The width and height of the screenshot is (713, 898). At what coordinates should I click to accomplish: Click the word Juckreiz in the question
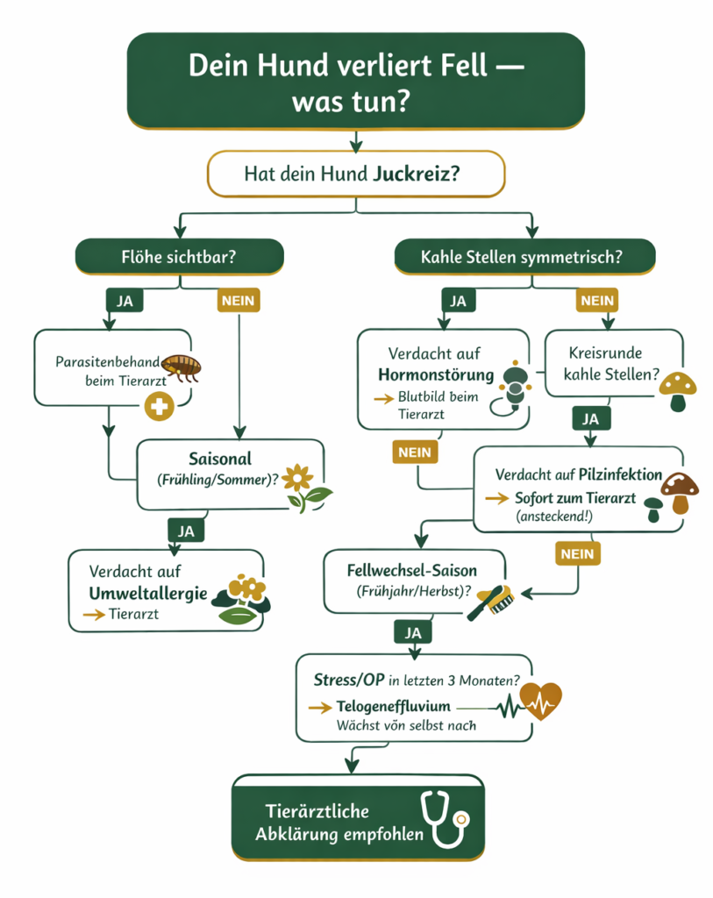[412, 175]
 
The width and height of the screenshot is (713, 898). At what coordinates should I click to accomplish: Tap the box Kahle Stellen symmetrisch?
[525, 258]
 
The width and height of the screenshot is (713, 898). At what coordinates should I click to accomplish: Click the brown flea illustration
[182, 365]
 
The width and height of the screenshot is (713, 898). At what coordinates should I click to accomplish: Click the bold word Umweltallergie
[148, 594]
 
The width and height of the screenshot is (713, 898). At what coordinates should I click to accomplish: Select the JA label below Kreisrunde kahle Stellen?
[591, 419]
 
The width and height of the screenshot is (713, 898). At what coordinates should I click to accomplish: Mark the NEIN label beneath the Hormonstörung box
[415, 453]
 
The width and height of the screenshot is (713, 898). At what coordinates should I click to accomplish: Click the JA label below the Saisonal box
[186, 531]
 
